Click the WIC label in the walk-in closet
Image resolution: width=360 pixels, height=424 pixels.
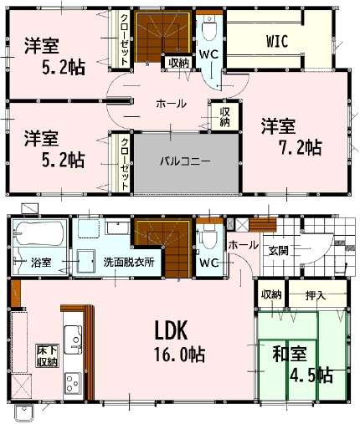(x=277, y=42)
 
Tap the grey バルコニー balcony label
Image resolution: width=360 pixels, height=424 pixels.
(x=185, y=161)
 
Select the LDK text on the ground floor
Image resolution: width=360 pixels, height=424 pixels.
(x=171, y=330)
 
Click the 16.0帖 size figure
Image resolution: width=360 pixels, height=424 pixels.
(x=180, y=355)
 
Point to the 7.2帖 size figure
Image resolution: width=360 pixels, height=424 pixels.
(x=301, y=147)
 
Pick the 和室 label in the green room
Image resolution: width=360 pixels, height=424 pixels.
(x=290, y=354)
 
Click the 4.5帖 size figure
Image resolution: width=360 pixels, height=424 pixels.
(x=311, y=375)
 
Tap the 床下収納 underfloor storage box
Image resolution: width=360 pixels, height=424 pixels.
(x=48, y=355)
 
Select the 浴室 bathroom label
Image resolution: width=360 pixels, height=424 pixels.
(x=41, y=263)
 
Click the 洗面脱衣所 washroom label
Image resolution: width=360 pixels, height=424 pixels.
(x=129, y=262)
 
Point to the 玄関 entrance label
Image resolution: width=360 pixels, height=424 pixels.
(x=278, y=251)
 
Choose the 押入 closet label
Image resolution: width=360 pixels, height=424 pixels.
(x=316, y=295)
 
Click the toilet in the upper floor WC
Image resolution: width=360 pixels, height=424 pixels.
(x=209, y=27)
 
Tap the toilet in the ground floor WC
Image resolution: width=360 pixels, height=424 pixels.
(x=209, y=237)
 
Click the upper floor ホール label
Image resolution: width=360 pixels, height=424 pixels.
(x=171, y=104)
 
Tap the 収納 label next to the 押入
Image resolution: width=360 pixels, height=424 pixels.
(x=271, y=295)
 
